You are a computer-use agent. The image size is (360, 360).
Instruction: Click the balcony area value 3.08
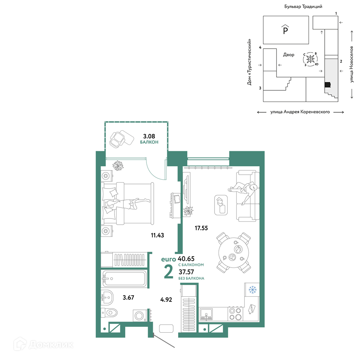[149, 136]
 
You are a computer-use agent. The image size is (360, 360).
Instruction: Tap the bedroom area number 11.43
[157, 235]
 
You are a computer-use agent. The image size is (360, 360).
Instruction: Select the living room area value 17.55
[201, 228]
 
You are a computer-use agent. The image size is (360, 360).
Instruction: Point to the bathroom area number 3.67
[128, 298]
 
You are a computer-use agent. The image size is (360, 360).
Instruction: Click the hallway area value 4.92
[166, 300]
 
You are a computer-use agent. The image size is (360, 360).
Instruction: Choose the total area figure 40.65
[186, 259]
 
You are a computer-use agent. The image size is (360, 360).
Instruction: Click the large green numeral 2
[168, 271]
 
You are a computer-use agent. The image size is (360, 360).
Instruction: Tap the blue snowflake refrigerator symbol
[252, 290]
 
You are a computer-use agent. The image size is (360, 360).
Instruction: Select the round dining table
[234, 253]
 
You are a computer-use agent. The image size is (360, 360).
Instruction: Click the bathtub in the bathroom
[124, 279]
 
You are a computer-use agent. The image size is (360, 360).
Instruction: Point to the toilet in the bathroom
[109, 312]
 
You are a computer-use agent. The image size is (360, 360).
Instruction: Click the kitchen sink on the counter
[206, 314]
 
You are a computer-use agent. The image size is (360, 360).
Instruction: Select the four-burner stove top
[235, 314]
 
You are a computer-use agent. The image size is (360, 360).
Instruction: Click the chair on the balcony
[117, 140]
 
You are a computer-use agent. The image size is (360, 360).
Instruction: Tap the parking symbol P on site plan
[285, 30]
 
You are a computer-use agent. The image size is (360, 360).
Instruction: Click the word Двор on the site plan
[289, 55]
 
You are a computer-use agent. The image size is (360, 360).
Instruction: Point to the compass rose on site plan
[310, 59]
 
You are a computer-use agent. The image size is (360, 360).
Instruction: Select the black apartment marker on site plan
[328, 85]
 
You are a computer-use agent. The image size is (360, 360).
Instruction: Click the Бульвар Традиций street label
[303, 6]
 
